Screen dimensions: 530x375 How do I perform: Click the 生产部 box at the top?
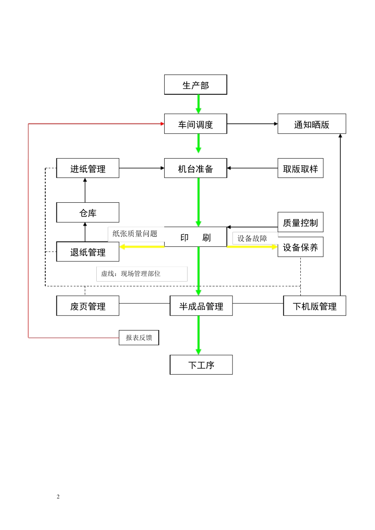[195, 85]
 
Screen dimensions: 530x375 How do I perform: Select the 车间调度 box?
[195, 124]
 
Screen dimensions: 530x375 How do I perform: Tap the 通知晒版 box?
[311, 124]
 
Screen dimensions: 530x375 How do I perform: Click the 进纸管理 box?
[88, 168]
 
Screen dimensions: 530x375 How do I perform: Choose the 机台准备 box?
[195, 168]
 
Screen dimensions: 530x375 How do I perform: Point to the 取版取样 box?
[300, 168]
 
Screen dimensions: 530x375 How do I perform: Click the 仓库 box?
[88, 213]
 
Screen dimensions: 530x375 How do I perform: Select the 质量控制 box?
[300, 222]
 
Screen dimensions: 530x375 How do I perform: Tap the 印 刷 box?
[195, 237]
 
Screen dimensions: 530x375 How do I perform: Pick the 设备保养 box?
[300, 247]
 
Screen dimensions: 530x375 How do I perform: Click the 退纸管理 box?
[88, 252]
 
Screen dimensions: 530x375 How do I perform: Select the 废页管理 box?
[88, 306]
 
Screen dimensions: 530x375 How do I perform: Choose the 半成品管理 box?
[201, 306]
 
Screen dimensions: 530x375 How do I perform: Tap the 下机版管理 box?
[315, 306]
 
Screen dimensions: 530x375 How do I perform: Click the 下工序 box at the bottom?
[201, 365]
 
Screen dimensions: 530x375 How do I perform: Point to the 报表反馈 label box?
[139, 338]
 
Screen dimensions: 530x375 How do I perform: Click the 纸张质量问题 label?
[135, 234]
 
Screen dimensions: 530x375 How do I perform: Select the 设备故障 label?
[252, 239]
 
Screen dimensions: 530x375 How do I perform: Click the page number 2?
[58, 496]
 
